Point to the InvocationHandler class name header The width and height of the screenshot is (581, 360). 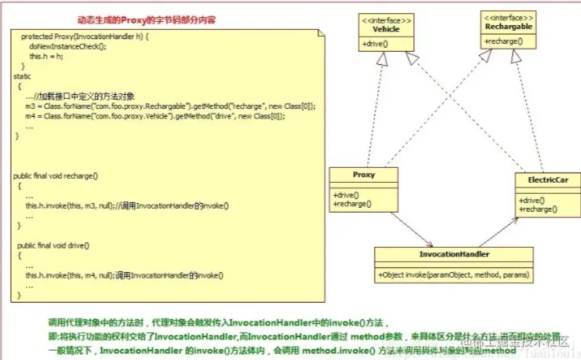click(x=454, y=255)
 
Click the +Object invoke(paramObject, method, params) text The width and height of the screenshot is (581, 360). click(x=454, y=275)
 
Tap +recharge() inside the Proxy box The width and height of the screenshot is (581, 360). click(x=353, y=205)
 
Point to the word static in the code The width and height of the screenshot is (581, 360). click(x=23, y=76)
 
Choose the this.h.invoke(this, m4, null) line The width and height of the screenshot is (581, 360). click(x=125, y=275)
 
